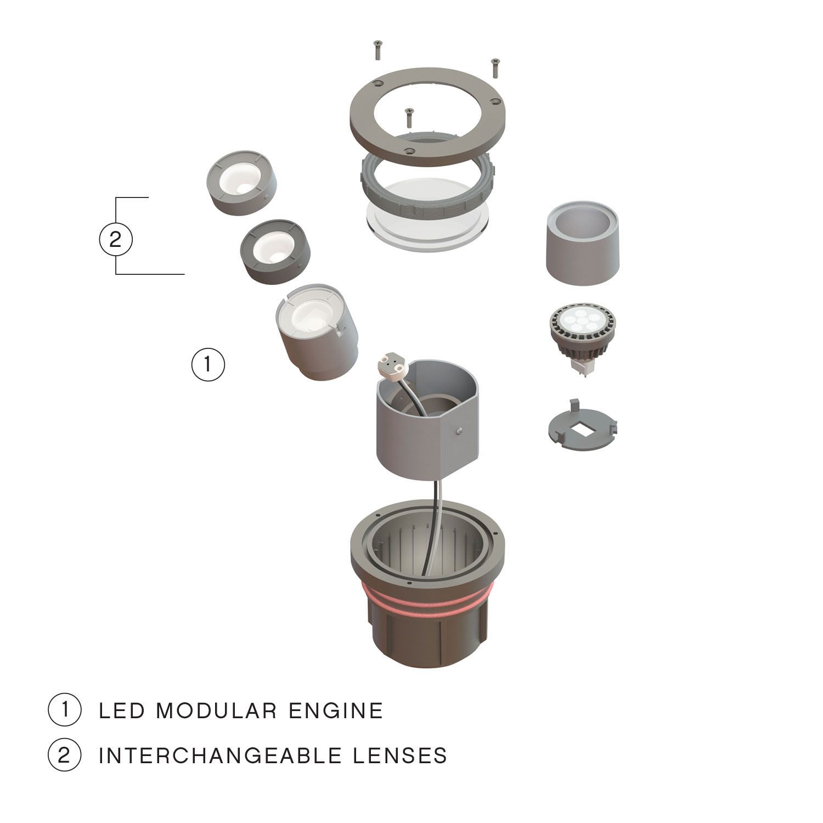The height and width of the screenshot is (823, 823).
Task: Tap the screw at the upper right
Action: coord(495,67)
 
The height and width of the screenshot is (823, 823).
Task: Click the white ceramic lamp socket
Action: coord(391,364)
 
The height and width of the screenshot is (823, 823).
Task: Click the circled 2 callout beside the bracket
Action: coord(115,240)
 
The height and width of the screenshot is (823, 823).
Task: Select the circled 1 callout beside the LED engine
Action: coord(208,364)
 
